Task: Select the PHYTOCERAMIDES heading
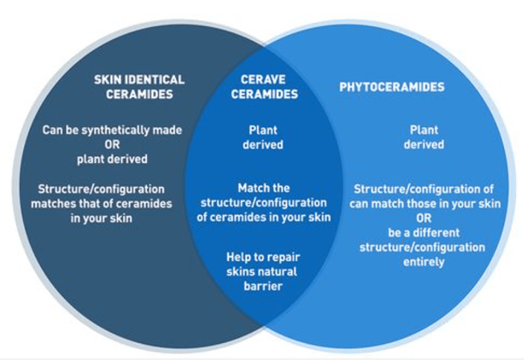coord(392,87)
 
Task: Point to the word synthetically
coord(111,130)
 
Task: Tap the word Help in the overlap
coord(240,257)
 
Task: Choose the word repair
coord(283,257)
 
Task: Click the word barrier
coord(263,286)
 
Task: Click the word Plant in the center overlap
coord(263,130)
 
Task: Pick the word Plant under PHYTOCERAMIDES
coord(424,130)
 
